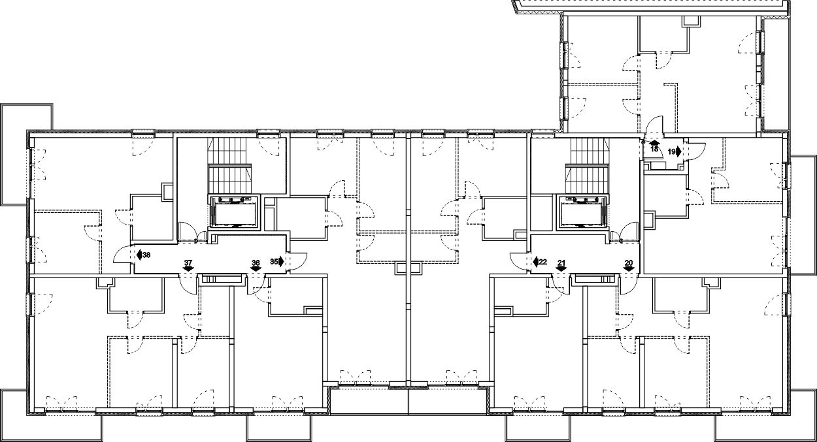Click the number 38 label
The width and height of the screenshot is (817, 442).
point(146,255)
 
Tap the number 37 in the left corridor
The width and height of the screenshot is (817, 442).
point(188,262)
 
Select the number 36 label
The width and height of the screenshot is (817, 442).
point(256,262)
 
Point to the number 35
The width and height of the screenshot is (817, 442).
point(274,261)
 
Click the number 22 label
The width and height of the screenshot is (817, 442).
point(543,262)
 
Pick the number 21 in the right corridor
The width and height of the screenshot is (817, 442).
point(561,262)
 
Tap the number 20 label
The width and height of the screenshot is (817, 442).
point(628,262)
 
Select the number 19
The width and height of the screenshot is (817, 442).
point(671,151)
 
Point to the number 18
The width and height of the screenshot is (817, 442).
point(654,149)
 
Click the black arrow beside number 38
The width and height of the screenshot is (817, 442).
point(139,255)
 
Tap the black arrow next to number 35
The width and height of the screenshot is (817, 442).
point(281,261)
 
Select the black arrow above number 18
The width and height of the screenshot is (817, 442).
point(654,143)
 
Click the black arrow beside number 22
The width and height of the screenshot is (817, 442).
point(536,262)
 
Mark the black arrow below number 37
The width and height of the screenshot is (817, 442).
point(188,268)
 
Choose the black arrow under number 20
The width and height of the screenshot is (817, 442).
point(628,268)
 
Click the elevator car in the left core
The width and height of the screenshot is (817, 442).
point(233,213)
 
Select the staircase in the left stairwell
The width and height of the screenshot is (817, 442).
point(229,166)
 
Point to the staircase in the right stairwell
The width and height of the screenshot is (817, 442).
point(587,166)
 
